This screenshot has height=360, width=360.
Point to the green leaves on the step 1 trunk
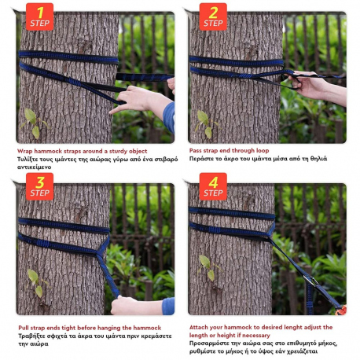33,122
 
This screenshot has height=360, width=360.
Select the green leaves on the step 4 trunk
207,265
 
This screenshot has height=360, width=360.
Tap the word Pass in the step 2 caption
197,150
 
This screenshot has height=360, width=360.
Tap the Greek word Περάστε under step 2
203,159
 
